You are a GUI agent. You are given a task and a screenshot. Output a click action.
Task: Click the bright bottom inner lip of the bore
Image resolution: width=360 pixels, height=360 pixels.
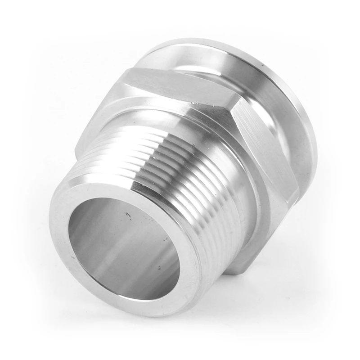(x=135, y=295)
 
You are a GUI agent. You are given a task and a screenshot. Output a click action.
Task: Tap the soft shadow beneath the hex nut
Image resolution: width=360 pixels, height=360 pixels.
(x=270, y=288)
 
